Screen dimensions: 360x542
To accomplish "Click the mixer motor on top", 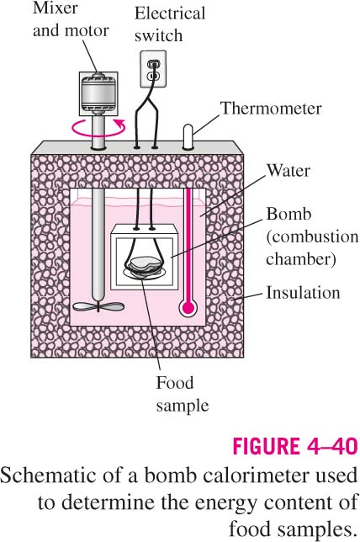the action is click(98, 93).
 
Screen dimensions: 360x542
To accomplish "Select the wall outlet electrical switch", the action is click(153, 69).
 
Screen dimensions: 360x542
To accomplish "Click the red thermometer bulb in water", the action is click(188, 307).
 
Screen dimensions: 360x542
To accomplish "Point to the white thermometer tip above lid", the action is click(188, 137).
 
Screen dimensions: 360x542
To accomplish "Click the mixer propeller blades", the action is click(98, 306).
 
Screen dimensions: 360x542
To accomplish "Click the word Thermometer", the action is click(271, 109).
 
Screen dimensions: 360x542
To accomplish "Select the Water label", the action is click(289, 171).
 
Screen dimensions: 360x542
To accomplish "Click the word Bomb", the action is click(289, 214).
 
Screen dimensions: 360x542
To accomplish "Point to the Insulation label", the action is click(303, 293).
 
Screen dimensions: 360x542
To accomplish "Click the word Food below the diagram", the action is click(174, 383).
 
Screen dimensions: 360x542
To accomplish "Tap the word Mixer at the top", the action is click(56, 8).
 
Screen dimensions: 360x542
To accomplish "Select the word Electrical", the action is click(170, 13).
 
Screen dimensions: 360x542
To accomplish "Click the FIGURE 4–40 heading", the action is click(295, 446).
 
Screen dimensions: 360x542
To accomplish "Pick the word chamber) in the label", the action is click(300, 260).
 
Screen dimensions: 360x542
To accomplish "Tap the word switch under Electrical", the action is click(159, 35).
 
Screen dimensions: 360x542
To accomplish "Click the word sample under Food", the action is click(183, 406).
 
